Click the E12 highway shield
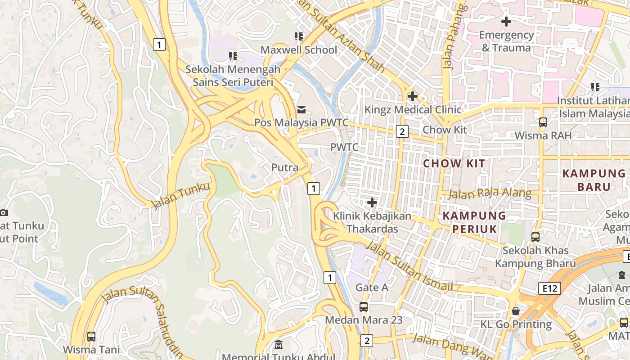(x=549, y=288)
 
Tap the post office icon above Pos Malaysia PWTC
(x=301, y=109)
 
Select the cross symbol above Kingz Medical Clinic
(x=412, y=96)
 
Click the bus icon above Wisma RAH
(x=543, y=122)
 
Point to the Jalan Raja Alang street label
(x=490, y=193)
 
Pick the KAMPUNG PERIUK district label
(x=474, y=222)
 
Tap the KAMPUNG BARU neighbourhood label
(x=594, y=180)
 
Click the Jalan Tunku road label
(x=180, y=196)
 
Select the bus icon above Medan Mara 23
(x=363, y=307)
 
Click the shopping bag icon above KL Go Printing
(x=515, y=311)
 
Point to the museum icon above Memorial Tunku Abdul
(x=279, y=345)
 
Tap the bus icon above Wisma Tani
(x=91, y=336)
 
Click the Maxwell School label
(x=299, y=49)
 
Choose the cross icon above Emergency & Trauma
(x=506, y=21)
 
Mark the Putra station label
(x=285, y=167)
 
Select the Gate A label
(x=372, y=287)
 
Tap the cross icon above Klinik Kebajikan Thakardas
(x=372, y=202)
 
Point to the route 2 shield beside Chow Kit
(x=402, y=131)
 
